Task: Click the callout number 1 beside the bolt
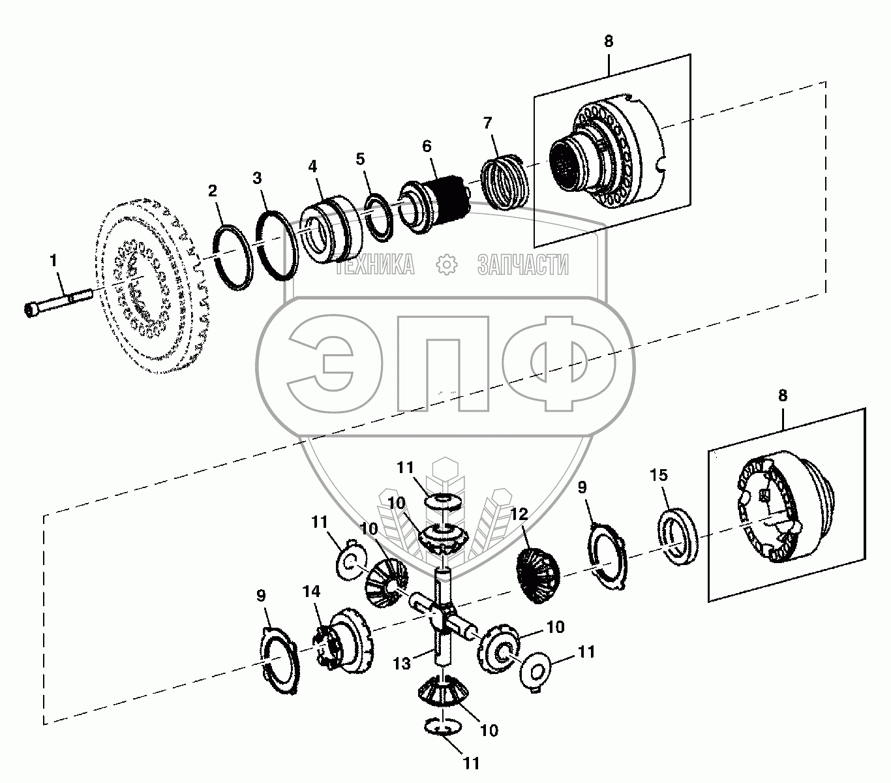click(54, 261)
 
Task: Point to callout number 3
click(259, 178)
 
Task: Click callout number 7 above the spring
click(488, 123)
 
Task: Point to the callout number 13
click(402, 663)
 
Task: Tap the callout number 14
click(312, 592)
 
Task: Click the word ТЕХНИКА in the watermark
click(375, 265)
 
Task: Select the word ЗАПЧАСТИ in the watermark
click(523, 265)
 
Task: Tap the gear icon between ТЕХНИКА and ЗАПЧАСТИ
click(447, 265)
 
